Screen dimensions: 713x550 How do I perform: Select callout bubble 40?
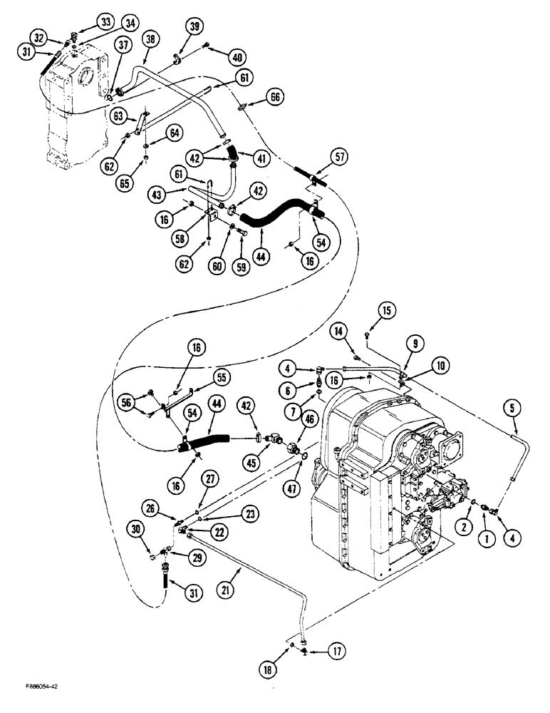(237, 56)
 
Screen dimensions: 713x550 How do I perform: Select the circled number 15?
(385, 310)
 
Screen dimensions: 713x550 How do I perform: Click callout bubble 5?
(514, 410)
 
